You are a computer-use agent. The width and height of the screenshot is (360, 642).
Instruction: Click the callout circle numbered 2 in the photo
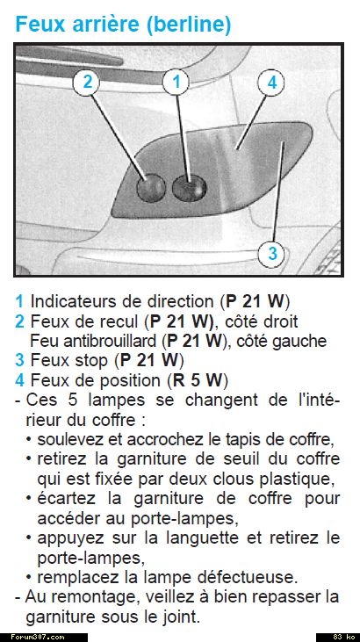[x=86, y=83]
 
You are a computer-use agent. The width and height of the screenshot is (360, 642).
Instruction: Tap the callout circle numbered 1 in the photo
[x=176, y=83]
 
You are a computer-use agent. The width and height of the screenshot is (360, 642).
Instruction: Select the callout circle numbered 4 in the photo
[x=271, y=83]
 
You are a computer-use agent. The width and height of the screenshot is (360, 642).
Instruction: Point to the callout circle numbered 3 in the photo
[x=272, y=253]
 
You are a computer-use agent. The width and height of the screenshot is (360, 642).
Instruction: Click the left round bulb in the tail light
[x=151, y=188]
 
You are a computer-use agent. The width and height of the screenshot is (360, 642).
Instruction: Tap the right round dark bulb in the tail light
[x=189, y=188]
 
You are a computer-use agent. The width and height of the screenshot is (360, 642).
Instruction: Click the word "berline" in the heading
[x=187, y=25]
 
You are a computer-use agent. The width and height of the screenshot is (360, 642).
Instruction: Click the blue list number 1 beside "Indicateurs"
[x=19, y=301]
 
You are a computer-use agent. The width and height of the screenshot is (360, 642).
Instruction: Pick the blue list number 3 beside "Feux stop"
[x=19, y=360]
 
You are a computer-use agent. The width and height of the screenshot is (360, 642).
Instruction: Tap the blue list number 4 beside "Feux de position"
[x=19, y=380]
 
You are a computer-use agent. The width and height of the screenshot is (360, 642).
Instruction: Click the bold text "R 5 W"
[x=198, y=380]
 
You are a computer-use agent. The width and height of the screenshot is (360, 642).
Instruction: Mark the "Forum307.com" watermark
[x=38, y=637]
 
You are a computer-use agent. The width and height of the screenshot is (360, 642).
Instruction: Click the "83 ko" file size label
[x=343, y=637]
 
